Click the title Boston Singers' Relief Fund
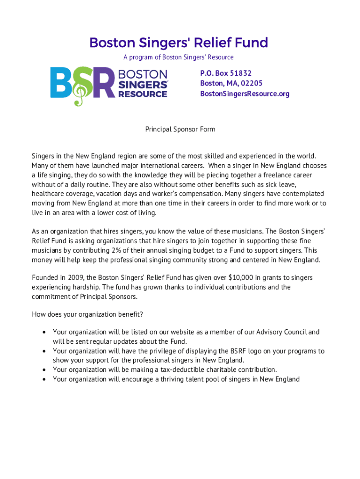tap(179, 43)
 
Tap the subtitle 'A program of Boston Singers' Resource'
tap(178, 57)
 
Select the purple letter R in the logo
tap(103, 83)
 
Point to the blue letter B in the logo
tap(60, 83)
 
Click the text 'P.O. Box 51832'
tap(226, 73)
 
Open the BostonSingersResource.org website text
tap(245, 94)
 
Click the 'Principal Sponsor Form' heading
tap(180, 129)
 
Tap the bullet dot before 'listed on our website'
tap(43, 332)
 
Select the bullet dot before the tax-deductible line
tap(43, 370)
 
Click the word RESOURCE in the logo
tap(143, 94)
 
